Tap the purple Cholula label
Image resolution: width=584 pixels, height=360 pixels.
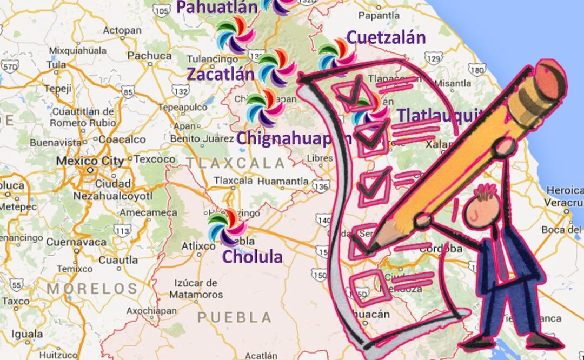(x=253, y=256)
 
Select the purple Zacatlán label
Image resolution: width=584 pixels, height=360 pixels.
(x=221, y=74)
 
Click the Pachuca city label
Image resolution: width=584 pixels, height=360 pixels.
(x=142, y=55)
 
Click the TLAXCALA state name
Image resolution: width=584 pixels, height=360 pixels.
(x=236, y=163)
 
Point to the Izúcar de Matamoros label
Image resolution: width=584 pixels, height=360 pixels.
(x=196, y=289)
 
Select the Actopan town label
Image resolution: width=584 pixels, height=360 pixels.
(x=118, y=30)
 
